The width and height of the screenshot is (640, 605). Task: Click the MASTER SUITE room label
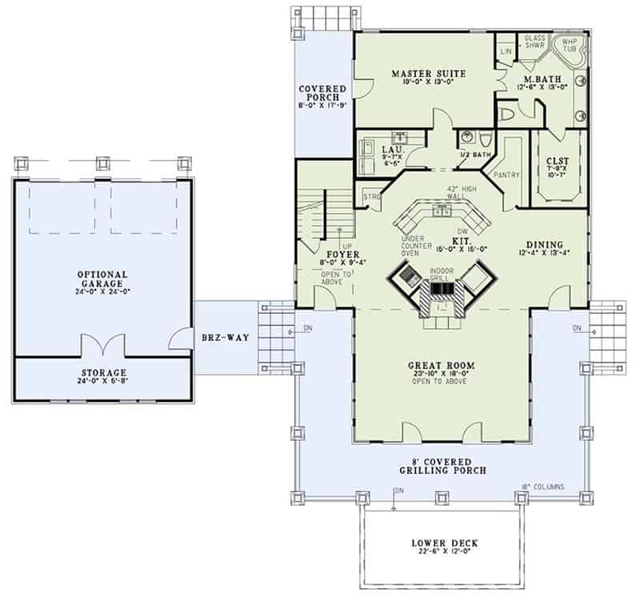click(429, 74)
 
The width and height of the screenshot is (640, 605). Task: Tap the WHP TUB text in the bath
click(570, 45)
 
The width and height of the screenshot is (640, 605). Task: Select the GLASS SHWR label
click(534, 42)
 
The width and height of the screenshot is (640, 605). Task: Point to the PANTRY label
click(508, 174)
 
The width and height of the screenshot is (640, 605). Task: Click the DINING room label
click(545, 245)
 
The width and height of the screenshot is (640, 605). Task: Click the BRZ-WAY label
click(225, 339)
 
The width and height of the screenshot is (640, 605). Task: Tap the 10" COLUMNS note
click(545, 487)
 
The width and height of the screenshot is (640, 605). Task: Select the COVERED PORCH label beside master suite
click(322, 92)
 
